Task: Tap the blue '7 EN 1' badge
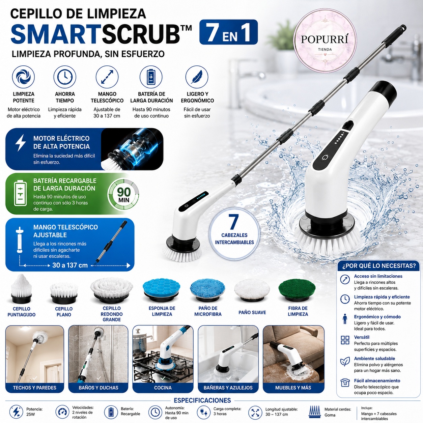pos(228,32)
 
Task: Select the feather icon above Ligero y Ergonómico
pos(197,77)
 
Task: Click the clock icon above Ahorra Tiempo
pos(65,77)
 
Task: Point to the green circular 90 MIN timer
pos(123,194)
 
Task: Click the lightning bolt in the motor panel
pos(21,143)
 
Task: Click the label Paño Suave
pos(252,312)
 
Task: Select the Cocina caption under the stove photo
pos(163,388)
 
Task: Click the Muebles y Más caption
pos(293,388)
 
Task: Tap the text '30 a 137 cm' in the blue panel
pos(70,265)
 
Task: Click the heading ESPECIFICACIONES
pos(202,400)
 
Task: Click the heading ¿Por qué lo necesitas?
pos(379,266)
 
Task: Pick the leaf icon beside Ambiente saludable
pos(345,362)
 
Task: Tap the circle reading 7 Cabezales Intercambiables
pos(234,235)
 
